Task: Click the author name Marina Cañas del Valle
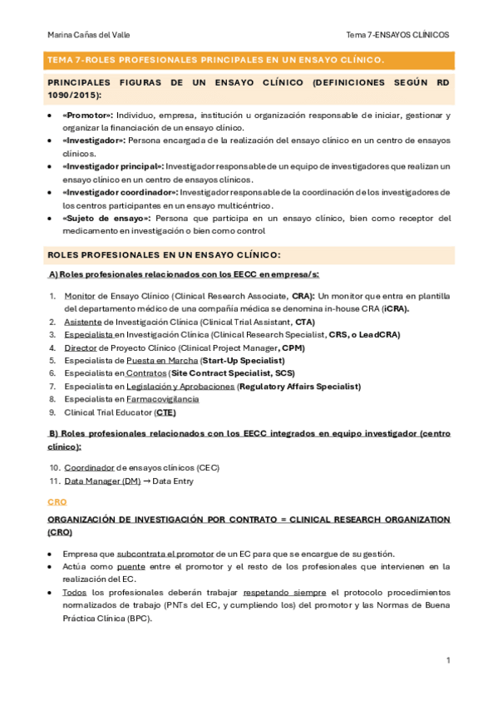(89, 35)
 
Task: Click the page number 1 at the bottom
(448, 660)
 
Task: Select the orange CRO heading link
(57, 503)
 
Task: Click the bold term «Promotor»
(87, 116)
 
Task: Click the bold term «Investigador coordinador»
(120, 192)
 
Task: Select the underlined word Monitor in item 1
(79, 295)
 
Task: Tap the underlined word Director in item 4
(81, 348)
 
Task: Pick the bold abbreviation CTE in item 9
(165, 412)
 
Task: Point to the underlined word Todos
(74, 593)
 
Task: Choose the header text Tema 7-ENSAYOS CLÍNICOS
(397, 35)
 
